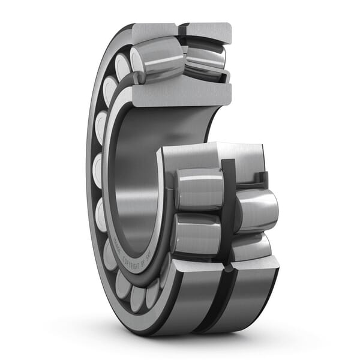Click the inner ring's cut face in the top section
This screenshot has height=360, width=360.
tap(180, 94)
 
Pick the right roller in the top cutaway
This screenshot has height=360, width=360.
tap(205, 60)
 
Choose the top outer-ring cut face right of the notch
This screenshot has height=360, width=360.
tap(207, 31)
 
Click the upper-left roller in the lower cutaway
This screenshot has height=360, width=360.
tap(198, 189)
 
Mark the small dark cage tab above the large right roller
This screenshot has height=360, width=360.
tap(262, 178)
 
